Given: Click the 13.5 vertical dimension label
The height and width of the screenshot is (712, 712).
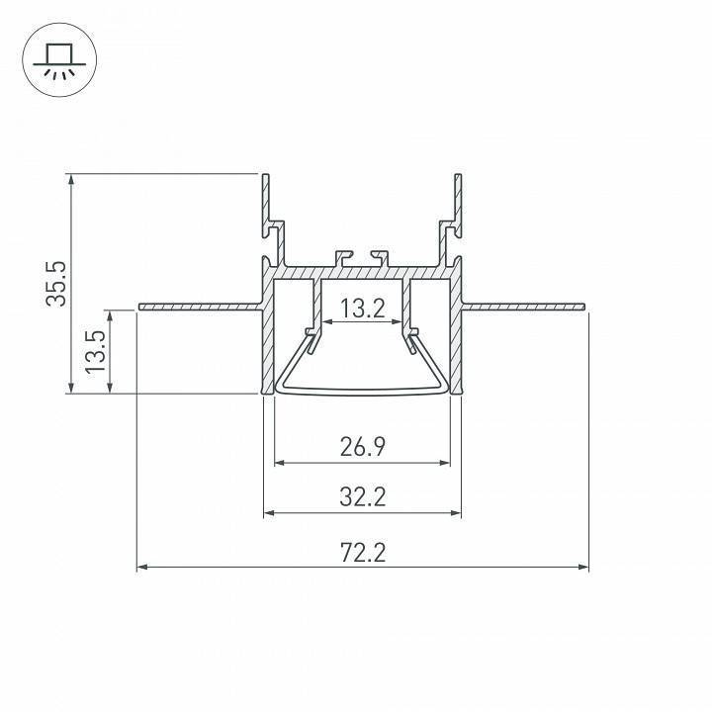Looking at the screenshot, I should pyautogui.click(x=95, y=351).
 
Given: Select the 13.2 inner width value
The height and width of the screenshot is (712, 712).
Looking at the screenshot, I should pyautogui.click(x=362, y=310).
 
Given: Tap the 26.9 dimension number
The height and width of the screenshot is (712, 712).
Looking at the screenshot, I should pyautogui.click(x=362, y=447).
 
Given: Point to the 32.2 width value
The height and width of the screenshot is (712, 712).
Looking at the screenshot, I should pyautogui.click(x=362, y=497).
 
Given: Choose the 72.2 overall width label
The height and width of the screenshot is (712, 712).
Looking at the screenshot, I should pyautogui.click(x=362, y=552).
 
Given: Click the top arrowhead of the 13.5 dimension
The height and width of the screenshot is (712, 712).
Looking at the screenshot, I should pyautogui.click(x=109, y=316).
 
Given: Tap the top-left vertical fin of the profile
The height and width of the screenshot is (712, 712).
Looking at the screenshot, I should pyautogui.click(x=266, y=198).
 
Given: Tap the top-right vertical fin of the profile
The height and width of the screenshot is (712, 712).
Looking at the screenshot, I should pyautogui.click(x=458, y=198).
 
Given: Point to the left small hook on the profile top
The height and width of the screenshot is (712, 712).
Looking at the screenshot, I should pyautogui.click(x=343, y=256).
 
